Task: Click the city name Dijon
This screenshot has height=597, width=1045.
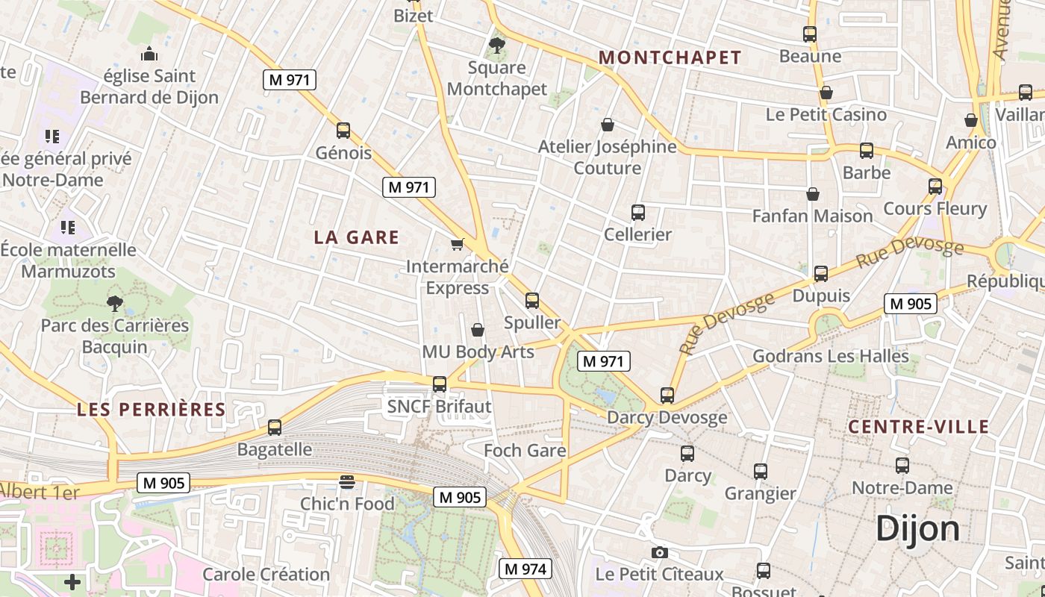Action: click(x=917, y=528)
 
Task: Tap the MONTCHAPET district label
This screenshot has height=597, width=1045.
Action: click(x=670, y=57)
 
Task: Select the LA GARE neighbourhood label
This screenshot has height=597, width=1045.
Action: click(x=357, y=237)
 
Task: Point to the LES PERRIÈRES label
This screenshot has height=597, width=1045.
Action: click(x=152, y=409)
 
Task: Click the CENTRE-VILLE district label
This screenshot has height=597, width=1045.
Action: click(x=919, y=427)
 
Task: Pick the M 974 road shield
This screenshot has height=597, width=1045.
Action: click(x=525, y=569)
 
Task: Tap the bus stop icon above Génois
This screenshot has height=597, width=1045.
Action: click(x=343, y=131)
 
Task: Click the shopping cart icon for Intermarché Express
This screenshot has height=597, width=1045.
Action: click(x=457, y=244)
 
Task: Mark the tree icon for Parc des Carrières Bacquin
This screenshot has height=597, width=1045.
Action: click(x=114, y=303)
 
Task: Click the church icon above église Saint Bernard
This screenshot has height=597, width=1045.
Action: click(x=149, y=54)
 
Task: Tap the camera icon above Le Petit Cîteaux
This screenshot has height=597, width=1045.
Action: click(x=659, y=552)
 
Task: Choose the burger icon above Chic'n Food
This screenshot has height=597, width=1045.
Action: click(x=346, y=481)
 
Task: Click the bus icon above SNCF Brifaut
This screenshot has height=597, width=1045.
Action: click(x=440, y=384)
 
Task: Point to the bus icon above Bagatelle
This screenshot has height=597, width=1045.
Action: click(x=275, y=428)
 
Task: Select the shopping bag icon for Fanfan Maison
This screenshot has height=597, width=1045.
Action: click(x=813, y=195)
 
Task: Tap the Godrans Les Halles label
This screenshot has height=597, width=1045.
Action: click(x=830, y=356)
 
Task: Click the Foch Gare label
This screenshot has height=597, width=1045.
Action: click(x=525, y=451)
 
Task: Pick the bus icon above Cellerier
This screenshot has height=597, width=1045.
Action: click(x=637, y=213)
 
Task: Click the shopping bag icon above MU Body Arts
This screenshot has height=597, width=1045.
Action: click(x=478, y=329)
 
